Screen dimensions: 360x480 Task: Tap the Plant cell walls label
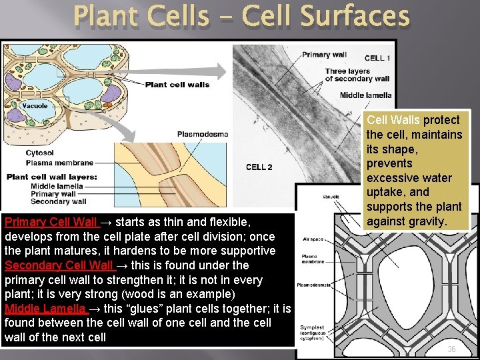click(x=177, y=84)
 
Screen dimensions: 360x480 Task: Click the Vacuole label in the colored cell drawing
click(x=35, y=105)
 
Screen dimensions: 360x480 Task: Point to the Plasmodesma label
click(x=202, y=134)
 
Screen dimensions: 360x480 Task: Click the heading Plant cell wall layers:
click(x=52, y=177)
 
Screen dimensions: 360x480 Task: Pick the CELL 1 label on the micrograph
click(x=377, y=58)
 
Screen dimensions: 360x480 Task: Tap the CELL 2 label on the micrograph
click(x=259, y=167)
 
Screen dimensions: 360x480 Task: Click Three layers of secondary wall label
click(x=357, y=75)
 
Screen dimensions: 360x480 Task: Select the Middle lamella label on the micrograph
click(x=365, y=95)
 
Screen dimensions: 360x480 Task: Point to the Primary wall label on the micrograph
click(x=325, y=55)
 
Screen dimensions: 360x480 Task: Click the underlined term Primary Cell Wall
click(x=51, y=222)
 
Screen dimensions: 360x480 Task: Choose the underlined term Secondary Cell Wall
click(x=58, y=265)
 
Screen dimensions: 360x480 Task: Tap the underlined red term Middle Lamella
click(x=45, y=309)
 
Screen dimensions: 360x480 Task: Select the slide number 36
click(x=451, y=349)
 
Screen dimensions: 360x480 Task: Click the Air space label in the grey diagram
click(x=313, y=238)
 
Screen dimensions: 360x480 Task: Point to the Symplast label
click(x=313, y=327)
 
